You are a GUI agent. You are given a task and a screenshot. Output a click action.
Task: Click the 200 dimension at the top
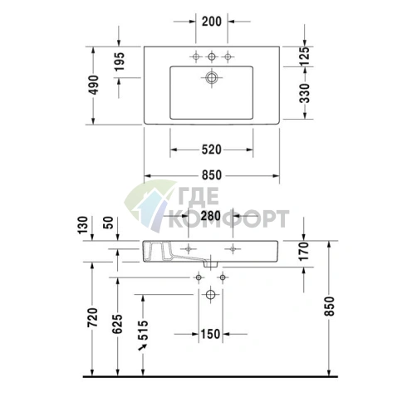[x=211, y=22]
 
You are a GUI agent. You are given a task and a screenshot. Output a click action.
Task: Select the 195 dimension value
[x=119, y=63]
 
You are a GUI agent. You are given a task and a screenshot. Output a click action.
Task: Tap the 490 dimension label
[x=94, y=85]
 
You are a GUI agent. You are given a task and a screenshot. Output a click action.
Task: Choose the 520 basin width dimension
[x=211, y=150]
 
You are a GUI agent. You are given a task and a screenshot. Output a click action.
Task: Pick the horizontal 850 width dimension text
[x=211, y=175]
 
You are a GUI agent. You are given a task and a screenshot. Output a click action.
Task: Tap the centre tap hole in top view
[x=211, y=56]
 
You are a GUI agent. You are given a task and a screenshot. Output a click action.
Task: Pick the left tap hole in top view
[x=196, y=56]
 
